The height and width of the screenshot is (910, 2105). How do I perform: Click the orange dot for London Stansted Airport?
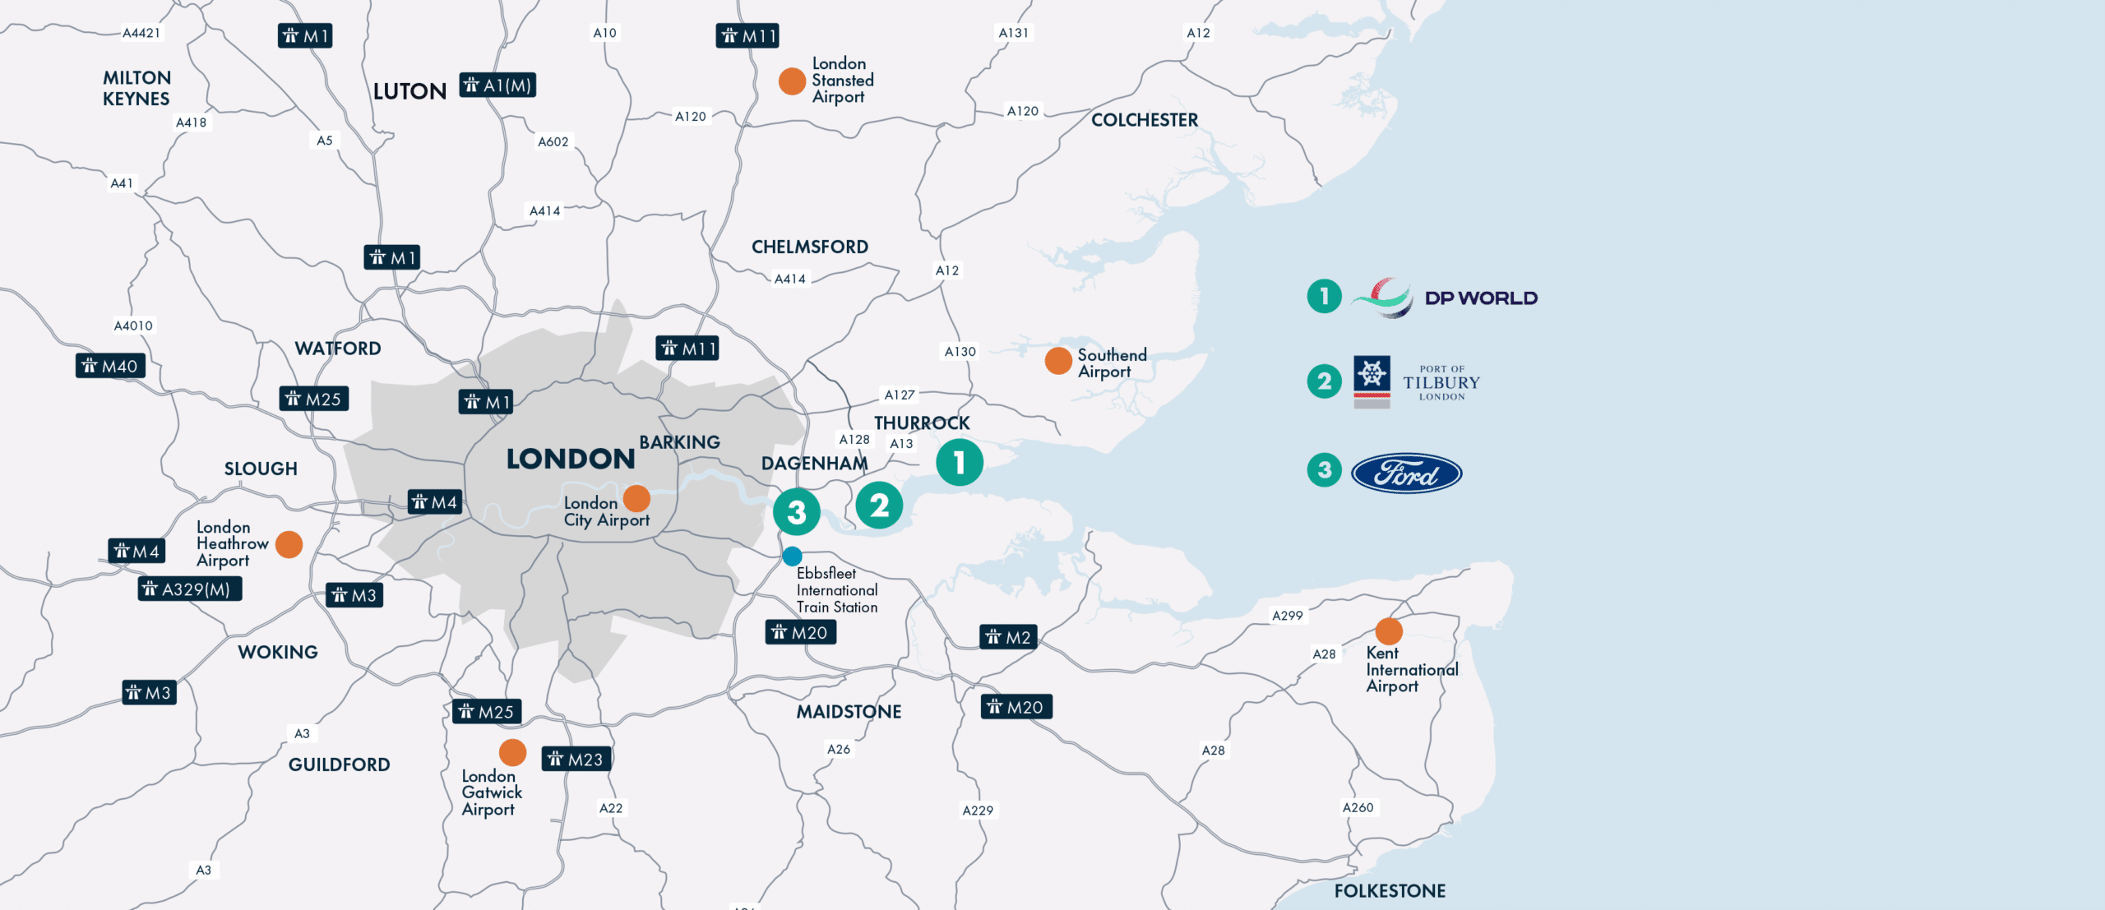(792, 81)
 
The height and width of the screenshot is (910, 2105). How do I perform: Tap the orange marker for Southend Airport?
(1058, 360)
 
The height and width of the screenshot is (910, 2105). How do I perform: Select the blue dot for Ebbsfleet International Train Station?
(792, 557)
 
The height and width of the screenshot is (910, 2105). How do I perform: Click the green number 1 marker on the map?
(960, 463)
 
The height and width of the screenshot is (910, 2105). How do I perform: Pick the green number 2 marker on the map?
(879, 506)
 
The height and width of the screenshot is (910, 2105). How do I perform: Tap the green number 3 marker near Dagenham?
(796, 512)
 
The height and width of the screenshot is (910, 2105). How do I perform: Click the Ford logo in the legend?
(1406, 473)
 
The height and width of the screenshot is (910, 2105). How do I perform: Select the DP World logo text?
(1480, 298)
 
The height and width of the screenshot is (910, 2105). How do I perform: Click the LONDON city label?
(571, 459)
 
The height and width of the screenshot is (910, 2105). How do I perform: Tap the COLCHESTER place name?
(1145, 120)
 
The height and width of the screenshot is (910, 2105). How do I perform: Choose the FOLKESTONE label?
(1390, 891)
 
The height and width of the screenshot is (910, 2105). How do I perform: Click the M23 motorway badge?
(576, 760)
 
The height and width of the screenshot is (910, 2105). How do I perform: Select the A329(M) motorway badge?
(190, 589)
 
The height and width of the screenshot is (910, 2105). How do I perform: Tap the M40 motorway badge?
(111, 367)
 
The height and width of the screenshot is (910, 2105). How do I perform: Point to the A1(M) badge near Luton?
(497, 85)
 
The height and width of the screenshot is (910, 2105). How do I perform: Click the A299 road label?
(1287, 616)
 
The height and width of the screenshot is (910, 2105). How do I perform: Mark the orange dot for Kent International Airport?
(1389, 631)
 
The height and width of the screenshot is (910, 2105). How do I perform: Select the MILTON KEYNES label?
(136, 88)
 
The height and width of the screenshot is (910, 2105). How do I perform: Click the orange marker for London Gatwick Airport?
(512, 752)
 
